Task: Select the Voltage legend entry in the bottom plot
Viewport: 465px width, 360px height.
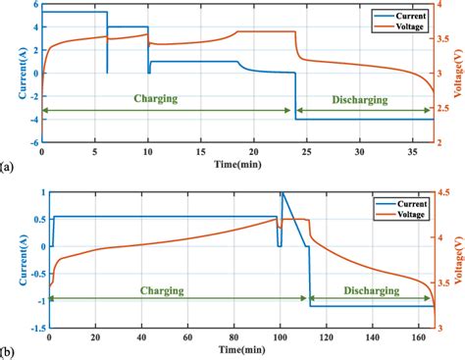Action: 399,209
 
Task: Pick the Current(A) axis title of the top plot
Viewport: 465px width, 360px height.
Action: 9,74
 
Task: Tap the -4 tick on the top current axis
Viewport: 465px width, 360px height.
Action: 31,119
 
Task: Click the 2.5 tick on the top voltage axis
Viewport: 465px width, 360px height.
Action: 444,119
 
